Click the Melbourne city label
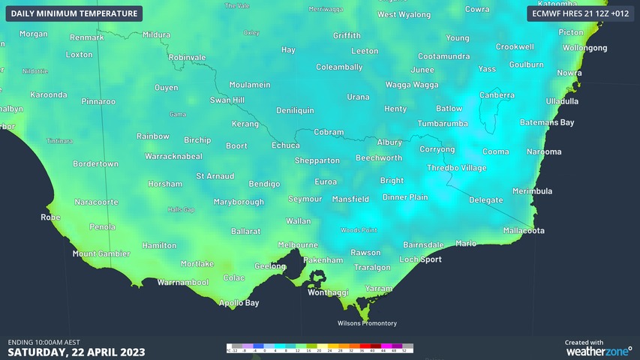(298, 244)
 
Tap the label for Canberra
(497, 95)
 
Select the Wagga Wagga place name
(411, 85)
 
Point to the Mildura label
(156, 34)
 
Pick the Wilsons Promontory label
(365, 323)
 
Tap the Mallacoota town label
(524, 230)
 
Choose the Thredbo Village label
(456, 168)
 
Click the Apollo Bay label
(239, 303)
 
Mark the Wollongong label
(584, 47)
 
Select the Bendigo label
(264, 184)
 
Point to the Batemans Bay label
(547, 122)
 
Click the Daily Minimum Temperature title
(74, 13)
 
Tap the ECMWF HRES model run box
(580, 13)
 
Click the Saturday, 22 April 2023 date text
(77, 352)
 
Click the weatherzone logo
(598, 350)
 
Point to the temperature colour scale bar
(320, 348)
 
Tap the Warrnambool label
(182, 283)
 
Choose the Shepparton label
(317, 160)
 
